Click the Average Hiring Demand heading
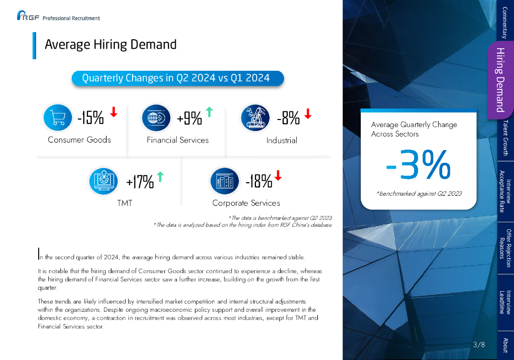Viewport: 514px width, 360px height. click(x=110, y=45)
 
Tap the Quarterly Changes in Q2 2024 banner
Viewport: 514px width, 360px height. click(x=178, y=78)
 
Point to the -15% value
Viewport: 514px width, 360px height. click(x=91, y=118)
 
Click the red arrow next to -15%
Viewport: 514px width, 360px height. click(x=114, y=111)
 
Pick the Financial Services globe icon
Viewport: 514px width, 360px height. click(x=157, y=117)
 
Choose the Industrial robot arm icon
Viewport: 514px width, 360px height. click(x=255, y=117)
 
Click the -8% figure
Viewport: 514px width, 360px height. click(x=288, y=118)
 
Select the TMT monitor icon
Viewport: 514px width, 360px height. click(x=103, y=181)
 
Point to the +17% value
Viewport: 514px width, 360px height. click(x=140, y=181)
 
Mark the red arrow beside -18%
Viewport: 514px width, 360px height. click(x=279, y=175)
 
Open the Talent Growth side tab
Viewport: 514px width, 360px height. click(x=505, y=138)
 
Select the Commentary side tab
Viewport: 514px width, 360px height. click(x=505, y=21)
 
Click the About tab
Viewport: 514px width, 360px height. click(x=505, y=345)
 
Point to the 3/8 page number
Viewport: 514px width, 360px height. click(x=479, y=345)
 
